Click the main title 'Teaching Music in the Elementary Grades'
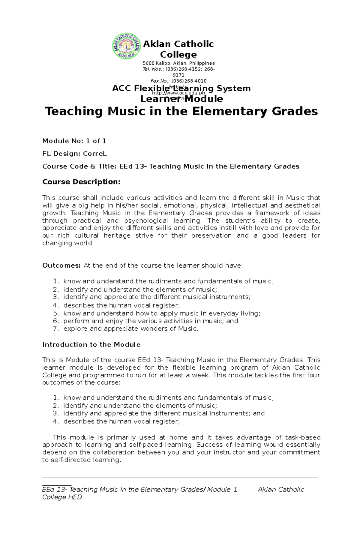pos(181,111)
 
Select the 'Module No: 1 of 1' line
pos(74,141)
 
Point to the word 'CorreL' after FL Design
pos(95,154)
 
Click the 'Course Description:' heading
pos(81,182)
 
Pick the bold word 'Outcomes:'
pos(61,265)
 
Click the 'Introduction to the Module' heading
pos(91,345)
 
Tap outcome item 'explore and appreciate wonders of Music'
pos(130,329)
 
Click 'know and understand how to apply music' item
pos(161,313)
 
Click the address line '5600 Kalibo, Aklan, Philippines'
pos(178,63)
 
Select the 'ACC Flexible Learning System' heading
pos(181,88)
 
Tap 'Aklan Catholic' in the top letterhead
pos(178,44)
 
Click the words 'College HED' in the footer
pos(62,497)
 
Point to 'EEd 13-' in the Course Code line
pos(133,166)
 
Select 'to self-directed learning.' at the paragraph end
pos(82,460)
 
